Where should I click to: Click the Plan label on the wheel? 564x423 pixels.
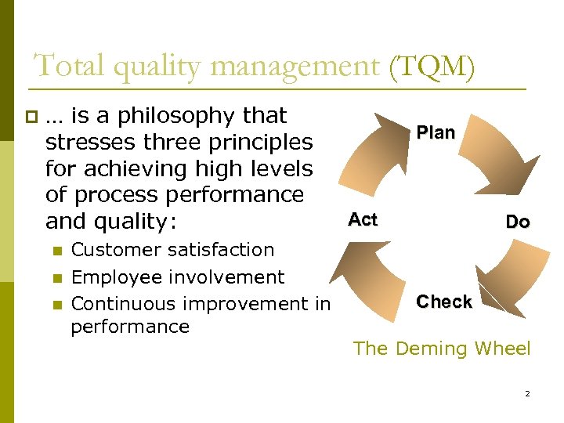pos(436,132)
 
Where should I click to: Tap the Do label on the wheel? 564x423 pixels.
pos(517,222)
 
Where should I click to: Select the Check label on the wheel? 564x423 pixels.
pos(444,302)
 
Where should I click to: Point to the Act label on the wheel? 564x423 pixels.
pos(363,219)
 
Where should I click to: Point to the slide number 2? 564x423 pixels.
pos(527,394)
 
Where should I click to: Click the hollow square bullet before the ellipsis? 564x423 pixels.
pos(31,117)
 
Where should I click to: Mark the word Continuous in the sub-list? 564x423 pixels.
pos(125,303)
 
